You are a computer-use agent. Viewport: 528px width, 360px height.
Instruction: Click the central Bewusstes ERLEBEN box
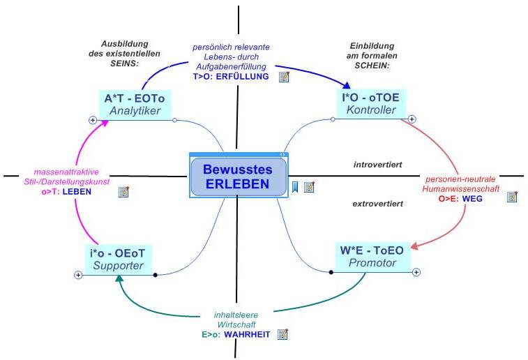tap(239, 176)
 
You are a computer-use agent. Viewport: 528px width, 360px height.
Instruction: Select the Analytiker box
tap(135, 105)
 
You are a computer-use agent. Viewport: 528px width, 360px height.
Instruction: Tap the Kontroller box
tap(371, 104)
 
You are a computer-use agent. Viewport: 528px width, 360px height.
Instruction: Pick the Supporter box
tap(118, 260)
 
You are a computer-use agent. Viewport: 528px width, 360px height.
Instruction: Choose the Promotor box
tap(372, 257)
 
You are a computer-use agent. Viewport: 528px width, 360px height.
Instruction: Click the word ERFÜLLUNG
tap(243, 77)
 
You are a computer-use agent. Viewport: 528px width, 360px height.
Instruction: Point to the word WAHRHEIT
tap(247, 334)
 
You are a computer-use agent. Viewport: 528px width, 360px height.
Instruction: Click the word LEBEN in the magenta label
tap(77, 192)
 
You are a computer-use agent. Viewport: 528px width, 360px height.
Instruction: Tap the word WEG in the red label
tap(472, 199)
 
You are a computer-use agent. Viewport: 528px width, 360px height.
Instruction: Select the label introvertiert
tap(377, 165)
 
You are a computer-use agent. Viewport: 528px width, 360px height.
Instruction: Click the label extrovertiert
tap(377, 204)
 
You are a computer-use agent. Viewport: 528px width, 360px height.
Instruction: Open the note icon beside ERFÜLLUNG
tap(284, 77)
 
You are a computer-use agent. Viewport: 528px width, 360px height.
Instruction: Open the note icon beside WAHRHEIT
tap(282, 334)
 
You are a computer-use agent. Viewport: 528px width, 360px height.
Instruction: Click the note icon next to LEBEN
tap(124, 192)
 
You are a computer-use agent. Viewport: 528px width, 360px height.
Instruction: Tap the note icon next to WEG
tap(512, 197)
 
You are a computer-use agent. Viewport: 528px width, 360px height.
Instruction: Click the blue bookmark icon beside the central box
tap(295, 187)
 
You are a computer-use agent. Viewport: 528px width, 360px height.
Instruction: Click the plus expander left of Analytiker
tap(93, 120)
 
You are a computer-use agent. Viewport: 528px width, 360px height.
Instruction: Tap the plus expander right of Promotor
tap(416, 272)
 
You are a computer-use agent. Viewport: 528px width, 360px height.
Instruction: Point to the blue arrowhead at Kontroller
tap(346, 85)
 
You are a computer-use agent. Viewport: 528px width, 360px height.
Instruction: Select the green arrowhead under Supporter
tap(119, 278)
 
